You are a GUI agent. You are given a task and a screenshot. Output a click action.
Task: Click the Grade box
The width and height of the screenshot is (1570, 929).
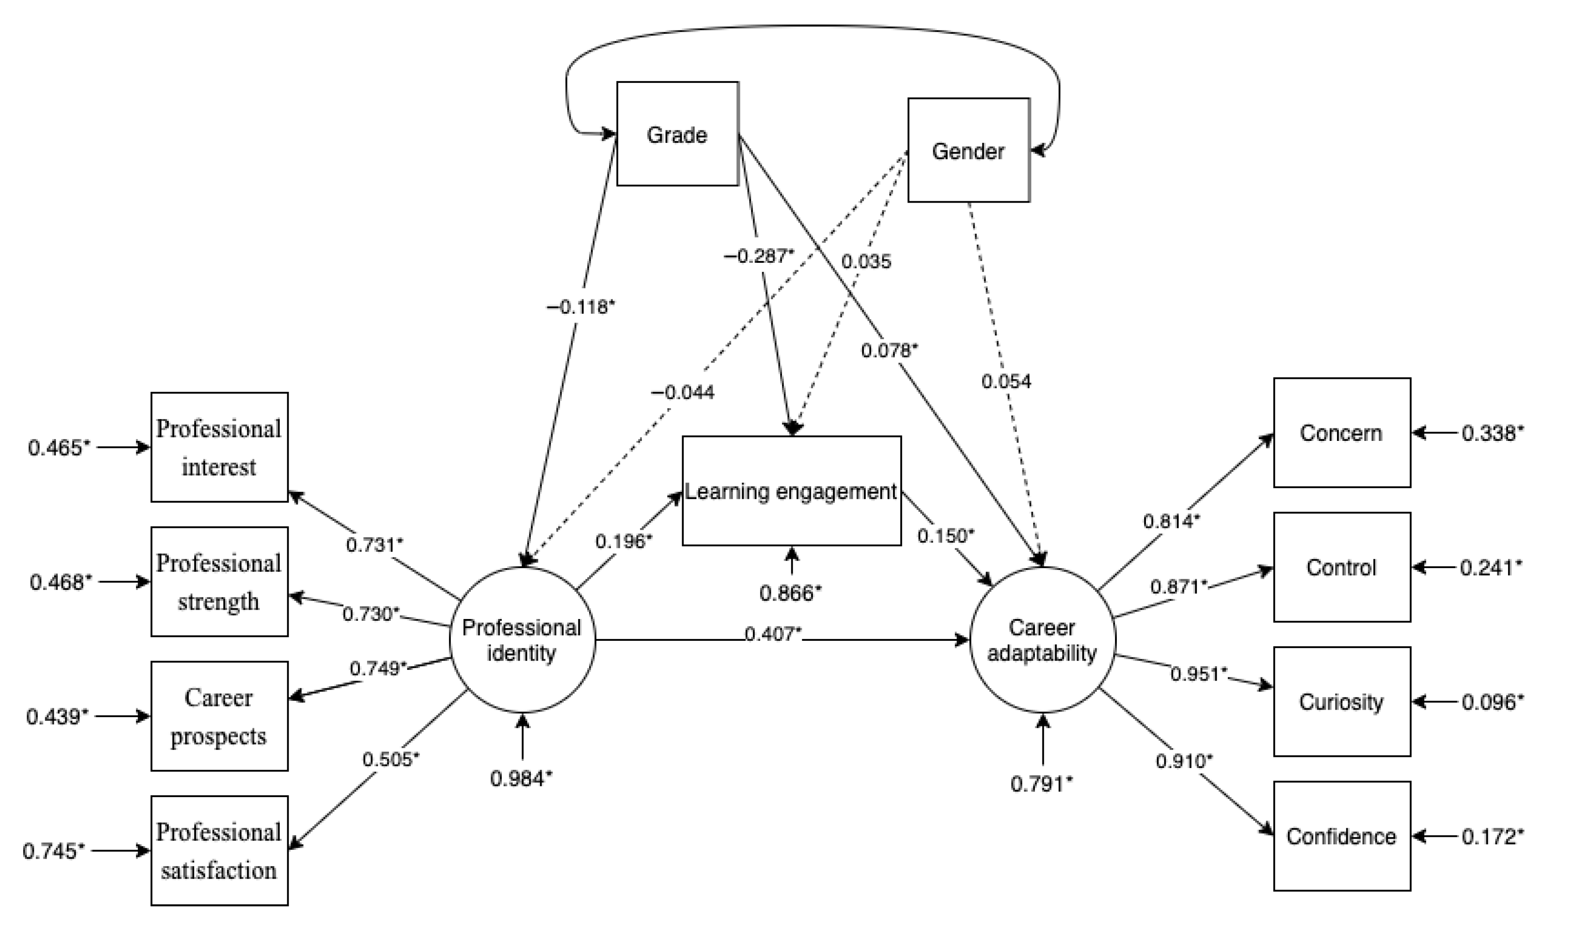(x=677, y=134)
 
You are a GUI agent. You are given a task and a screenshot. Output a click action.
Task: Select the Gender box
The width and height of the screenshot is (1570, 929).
(x=968, y=150)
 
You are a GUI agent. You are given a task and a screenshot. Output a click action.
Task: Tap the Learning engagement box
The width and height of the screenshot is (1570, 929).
(x=791, y=491)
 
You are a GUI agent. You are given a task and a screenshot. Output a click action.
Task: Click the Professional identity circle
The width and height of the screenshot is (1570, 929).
(x=522, y=640)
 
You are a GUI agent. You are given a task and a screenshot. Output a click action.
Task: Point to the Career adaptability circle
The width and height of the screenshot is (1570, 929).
(x=1042, y=640)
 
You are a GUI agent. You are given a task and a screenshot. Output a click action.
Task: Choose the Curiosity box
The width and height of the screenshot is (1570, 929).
(x=1342, y=702)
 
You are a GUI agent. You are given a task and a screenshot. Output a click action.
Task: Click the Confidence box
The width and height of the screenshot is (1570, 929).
(x=1342, y=836)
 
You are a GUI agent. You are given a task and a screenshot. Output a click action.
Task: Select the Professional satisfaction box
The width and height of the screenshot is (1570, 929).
(x=219, y=851)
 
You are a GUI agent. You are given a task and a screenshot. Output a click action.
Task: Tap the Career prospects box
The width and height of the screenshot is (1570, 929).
(x=219, y=716)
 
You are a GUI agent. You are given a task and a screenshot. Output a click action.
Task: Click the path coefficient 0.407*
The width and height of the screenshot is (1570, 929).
(x=773, y=634)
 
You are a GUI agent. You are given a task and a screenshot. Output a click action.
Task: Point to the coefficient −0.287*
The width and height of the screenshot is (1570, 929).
(x=758, y=255)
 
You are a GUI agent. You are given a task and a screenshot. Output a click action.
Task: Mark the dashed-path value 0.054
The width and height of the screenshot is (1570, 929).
(x=1005, y=381)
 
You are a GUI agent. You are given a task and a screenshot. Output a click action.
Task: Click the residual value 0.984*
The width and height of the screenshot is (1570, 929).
(x=521, y=778)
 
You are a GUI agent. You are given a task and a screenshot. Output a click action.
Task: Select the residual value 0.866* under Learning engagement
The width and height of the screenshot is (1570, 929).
(x=790, y=593)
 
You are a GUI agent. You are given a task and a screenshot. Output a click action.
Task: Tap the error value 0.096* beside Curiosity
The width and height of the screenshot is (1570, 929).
(x=1492, y=702)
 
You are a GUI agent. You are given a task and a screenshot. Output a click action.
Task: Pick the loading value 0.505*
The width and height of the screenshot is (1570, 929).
(x=390, y=759)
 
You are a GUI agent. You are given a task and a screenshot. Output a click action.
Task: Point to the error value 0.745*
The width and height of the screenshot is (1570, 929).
(x=54, y=851)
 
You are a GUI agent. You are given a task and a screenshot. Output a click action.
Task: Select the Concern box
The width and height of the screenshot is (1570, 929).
(x=1342, y=433)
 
